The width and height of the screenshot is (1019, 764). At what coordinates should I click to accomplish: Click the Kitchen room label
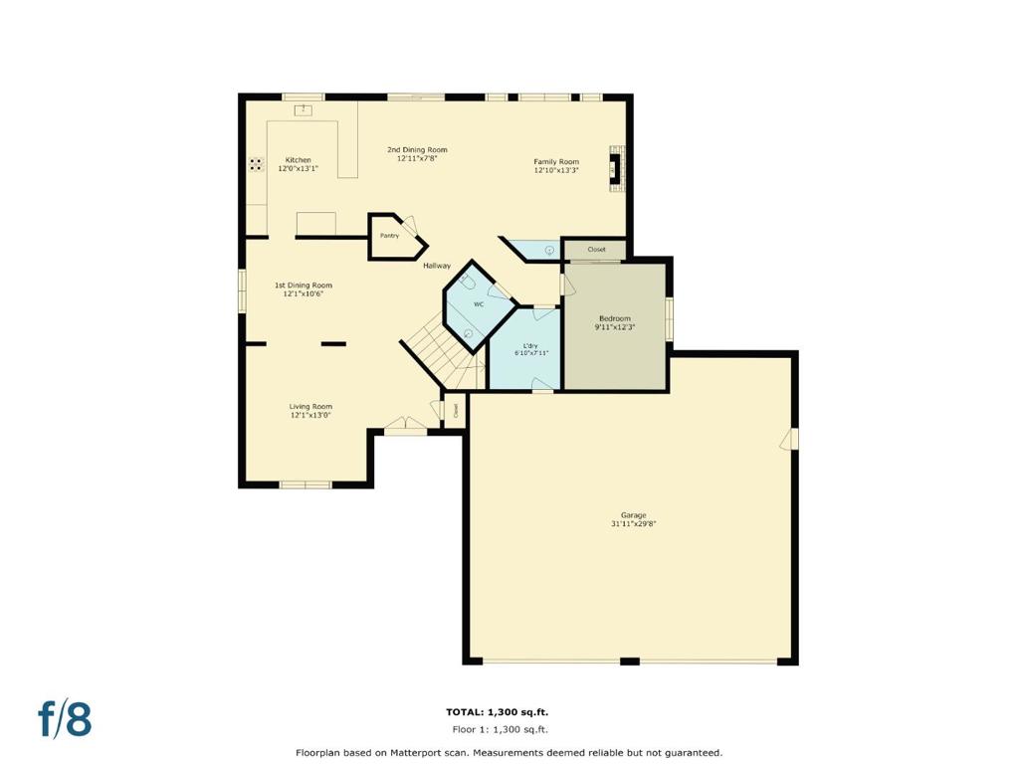pos(298,160)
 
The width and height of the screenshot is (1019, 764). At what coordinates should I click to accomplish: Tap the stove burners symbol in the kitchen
pos(256,164)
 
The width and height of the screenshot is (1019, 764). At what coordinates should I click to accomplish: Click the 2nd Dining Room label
pos(417,150)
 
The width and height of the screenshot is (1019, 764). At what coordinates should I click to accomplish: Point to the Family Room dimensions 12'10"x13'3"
pos(556,170)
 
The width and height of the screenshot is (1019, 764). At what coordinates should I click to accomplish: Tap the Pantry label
pos(389,236)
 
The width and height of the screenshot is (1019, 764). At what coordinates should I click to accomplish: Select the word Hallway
pos(437,266)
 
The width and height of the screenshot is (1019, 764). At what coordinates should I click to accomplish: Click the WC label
pos(478,304)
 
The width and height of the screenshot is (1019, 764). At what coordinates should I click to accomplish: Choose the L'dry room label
pos(530,345)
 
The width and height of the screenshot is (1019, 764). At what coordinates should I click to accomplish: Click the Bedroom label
pos(614,318)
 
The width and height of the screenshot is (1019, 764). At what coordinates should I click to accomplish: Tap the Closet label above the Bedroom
pos(596,250)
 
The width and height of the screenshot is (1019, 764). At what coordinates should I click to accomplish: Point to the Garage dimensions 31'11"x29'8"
pos(634,523)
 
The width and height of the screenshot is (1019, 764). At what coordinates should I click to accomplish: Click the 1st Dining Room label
pos(304,286)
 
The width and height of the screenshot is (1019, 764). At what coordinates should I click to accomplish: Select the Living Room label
pos(310,406)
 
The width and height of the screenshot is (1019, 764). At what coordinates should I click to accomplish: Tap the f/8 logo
pos(65,718)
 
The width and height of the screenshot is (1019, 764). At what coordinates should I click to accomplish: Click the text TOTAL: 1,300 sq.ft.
pos(497,712)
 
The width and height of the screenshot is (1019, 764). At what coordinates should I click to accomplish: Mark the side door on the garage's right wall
pos(792,439)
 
